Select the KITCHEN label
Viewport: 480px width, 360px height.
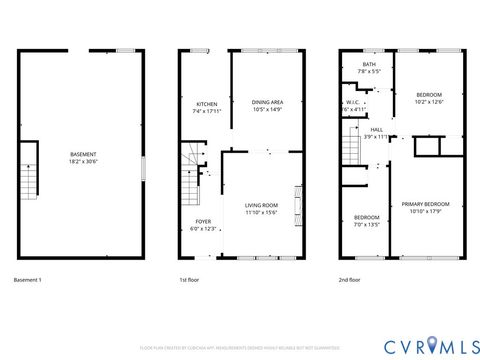click(x=207, y=104)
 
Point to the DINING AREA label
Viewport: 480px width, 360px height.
click(x=267, y=102)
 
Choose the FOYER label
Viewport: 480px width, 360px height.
click(x=203, y=222)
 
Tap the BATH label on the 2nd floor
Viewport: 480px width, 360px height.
click(x=369, y=65)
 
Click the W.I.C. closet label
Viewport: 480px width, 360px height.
click(x=353, y=101)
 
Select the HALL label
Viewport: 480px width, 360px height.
click(x=376, y=129)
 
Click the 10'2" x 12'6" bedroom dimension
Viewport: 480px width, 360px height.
click(x=429, y=101)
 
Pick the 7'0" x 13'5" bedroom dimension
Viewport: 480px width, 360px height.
click(x=366, y=224)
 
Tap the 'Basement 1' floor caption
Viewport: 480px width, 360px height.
click(x=27, y=280)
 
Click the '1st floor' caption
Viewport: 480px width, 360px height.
click(x=189, y=280)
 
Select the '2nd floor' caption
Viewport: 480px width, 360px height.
click(x=349, y=280)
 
